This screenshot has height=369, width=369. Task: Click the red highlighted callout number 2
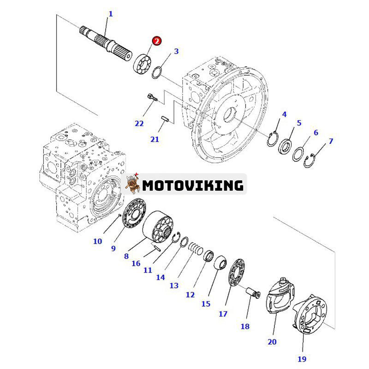157,41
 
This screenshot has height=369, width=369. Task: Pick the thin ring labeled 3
157,71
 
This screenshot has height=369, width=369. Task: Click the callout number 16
136,263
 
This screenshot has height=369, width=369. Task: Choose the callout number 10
98,240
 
